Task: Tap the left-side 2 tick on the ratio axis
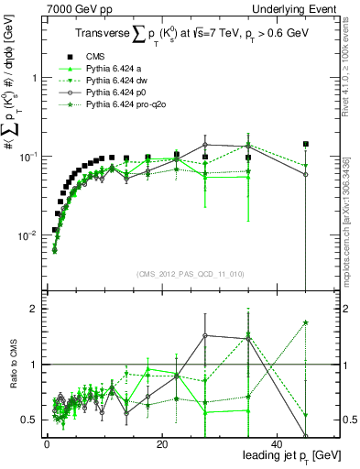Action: [x=34, y=309]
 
